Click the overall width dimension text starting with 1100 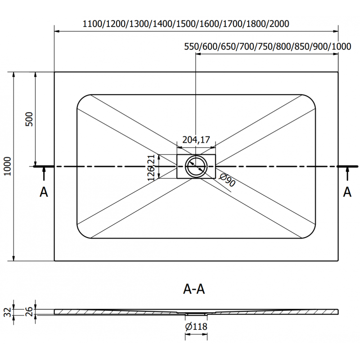click(x=186, y=23)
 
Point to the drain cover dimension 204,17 click(x=196, y=140)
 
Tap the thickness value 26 click(x=28, y=310)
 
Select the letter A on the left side click(x=44, y=192)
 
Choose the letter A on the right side click(x=347, y=192)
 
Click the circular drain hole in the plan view click(x=196, y=166)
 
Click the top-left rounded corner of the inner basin click(x=81, y=99)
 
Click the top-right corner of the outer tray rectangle click(x=338, y=72)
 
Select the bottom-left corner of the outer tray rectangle click(x=54, y=261)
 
